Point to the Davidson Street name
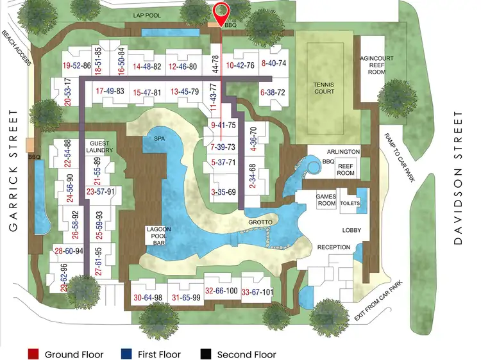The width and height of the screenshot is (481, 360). click(457, 178)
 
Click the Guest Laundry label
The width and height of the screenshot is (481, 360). click(101, 147)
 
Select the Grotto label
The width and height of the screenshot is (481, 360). click(261, 222)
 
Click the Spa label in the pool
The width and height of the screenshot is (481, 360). click(159, 138)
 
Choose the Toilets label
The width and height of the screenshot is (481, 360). click(351, 202)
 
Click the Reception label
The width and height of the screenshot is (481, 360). click(333, 247)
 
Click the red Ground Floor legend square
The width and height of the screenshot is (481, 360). click(34, 354)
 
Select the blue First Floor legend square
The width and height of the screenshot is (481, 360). click(126, 354)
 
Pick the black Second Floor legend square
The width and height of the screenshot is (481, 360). click(206, 354)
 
